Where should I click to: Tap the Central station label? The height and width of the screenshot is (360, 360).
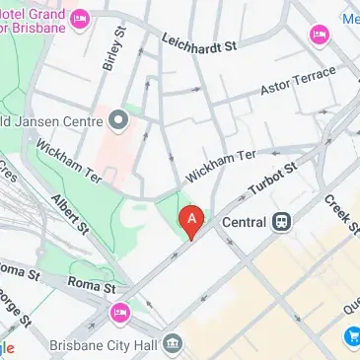(x=244, y=221)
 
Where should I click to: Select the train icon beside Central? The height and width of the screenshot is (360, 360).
(x=282, y=221)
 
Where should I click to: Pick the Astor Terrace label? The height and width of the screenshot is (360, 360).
(x=299, y=82)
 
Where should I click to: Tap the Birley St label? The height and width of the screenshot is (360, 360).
(x=114, y=48)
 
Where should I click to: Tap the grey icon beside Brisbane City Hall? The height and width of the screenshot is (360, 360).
(x=174, y=343)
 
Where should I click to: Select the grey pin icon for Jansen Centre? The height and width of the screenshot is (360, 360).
(x=120, y=121)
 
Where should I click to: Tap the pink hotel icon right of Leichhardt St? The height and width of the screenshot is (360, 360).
(x=319, y=36)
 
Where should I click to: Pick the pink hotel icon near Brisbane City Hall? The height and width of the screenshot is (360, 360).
(x=119, y=314)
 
